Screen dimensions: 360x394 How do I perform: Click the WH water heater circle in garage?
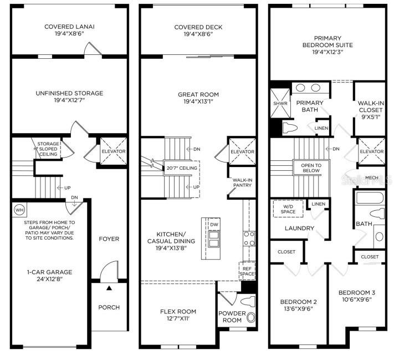(x=19, y=210)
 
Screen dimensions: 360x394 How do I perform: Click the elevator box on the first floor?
(x=112, y=151)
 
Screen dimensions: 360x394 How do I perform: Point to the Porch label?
(x=109, y=307)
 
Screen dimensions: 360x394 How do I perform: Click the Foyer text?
(x=109, y=239)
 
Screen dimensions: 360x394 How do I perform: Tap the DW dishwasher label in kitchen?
(x=214, y=224)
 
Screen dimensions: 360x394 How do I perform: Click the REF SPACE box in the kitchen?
(x=247, y=270)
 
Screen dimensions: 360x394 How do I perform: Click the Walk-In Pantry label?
(x=242, y=182)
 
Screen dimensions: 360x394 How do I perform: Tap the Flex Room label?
(x=178, y=311)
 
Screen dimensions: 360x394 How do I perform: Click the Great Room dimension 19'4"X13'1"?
(x=197, y=102)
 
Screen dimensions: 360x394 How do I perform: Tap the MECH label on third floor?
(x=371, y=178)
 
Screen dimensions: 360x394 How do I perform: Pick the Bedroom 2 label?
(x=298, y=302)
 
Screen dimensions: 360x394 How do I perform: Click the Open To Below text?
(x=311, y=168)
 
